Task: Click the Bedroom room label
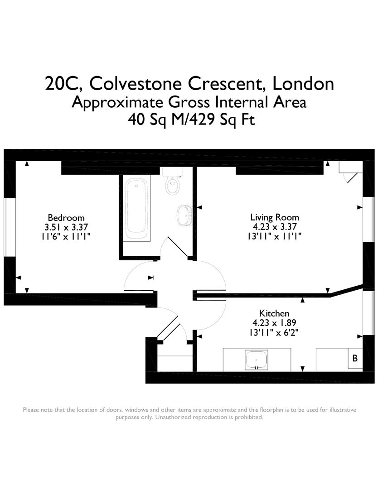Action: pos(66,218)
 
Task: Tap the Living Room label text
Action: pos(275,217)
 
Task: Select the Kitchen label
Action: pos(274,313)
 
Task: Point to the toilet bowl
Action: pos(172,186)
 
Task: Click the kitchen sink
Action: pos(257,360)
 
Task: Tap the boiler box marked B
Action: pos(355,358)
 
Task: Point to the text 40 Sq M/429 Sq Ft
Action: pos(189,120)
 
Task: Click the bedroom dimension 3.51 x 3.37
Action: pos(66,227)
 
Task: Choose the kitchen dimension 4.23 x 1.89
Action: pos(274,323)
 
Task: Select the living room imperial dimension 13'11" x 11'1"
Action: pos(275,236)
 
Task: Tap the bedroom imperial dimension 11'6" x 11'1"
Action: pos(66,236)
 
